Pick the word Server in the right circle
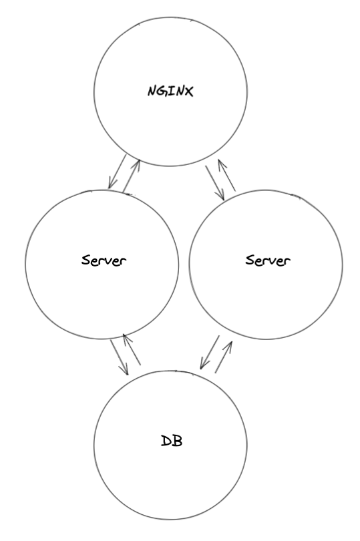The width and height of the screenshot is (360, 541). tap(268, 260)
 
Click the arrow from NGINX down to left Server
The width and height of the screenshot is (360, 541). tap(118, 172)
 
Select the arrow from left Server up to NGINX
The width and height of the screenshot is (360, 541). tap(132, 175)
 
